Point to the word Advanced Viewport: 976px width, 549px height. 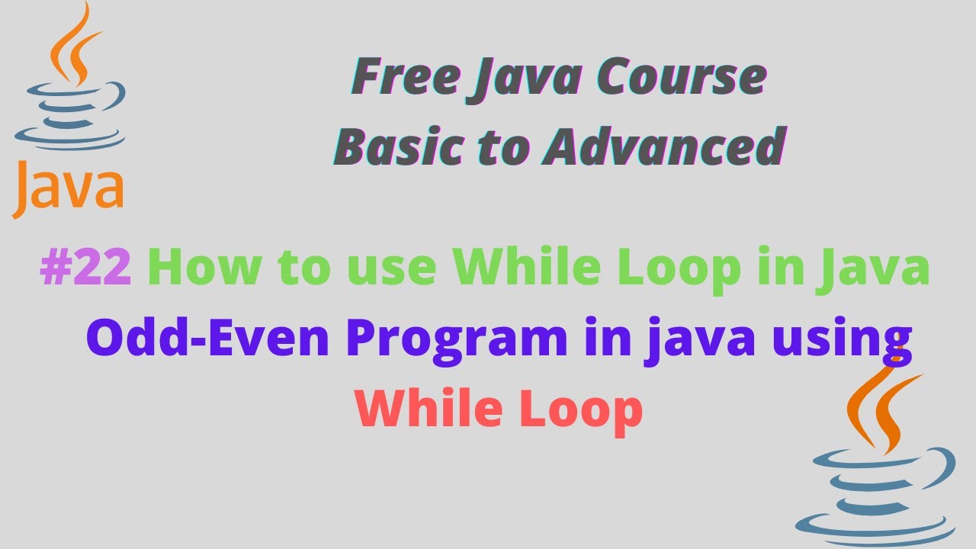click(x=663, y=146)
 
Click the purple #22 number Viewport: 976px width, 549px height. click(x=86, y=270)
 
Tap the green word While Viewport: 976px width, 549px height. click(x=519, y=270)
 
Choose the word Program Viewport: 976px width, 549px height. click(x=457, y=340)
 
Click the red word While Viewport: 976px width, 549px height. click(x=431, y=409)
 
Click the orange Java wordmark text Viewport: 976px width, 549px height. click(x=68, y=187)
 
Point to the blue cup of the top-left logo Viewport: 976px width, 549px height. click(x=69, y=114)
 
